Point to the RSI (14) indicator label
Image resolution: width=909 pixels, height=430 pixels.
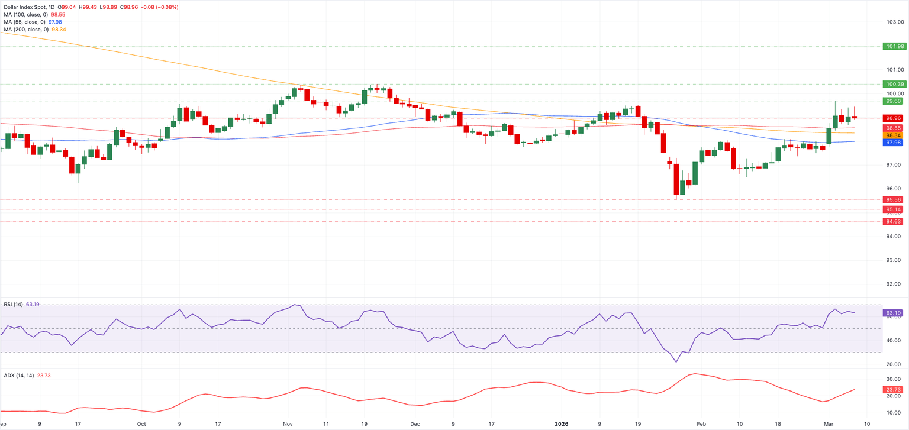pos(13,305)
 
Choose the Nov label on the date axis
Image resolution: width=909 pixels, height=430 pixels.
pos(288,424)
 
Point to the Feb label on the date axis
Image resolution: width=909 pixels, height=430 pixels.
pos(701,424)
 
